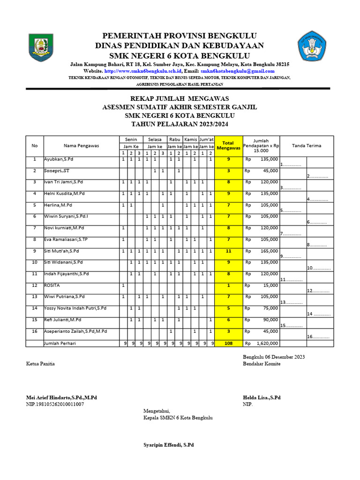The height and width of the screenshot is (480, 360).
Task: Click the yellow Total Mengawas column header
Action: coord(228,145)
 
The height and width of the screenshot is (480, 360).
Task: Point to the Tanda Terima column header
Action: coord(307,145)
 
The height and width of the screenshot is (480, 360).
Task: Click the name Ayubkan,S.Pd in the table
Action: coord(59,160)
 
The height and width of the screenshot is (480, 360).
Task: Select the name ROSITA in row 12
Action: coord(52,285)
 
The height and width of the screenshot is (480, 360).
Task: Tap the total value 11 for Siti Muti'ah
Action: coord(228,251)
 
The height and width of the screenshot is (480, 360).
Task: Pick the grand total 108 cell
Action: coord(228,343)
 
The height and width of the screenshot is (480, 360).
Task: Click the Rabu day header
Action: coord(174,139)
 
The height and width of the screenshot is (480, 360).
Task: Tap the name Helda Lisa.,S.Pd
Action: coord(262,397)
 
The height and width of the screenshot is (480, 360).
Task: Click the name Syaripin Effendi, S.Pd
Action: coord(168,444)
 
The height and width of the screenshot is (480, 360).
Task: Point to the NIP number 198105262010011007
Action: coord(55,404)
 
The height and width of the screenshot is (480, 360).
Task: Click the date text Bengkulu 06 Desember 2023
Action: coord(274,357)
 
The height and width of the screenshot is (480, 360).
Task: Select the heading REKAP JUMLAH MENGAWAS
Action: coord(180,98)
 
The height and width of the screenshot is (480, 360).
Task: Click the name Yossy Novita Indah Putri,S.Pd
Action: coord(75,308)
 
